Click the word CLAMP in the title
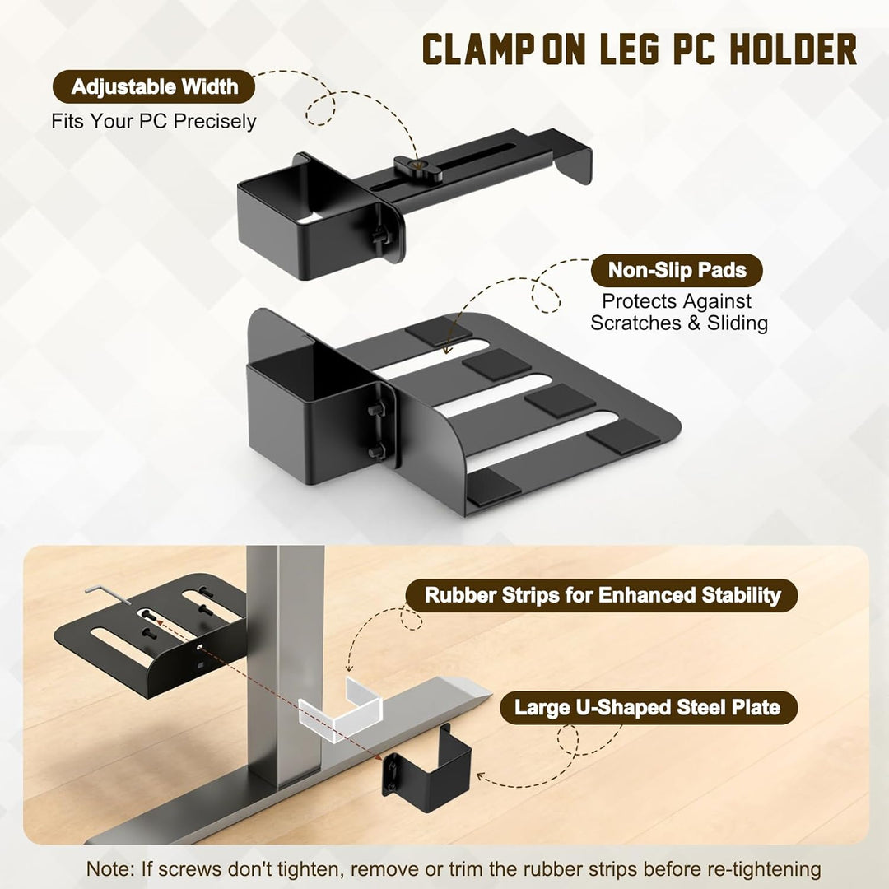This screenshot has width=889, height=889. coord(478,49)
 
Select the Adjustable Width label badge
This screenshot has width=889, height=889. coord(154,86)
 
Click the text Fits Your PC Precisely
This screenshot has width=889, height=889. coord(154,121)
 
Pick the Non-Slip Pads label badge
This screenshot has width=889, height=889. coord(677,271)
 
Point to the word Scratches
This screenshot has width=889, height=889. coord(635,323)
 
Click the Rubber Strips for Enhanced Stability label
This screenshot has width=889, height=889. coord(602,595)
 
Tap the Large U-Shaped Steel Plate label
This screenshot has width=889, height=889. coord(648,708)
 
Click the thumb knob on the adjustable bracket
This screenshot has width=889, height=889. coord(418,169)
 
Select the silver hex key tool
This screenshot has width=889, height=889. coord(108,597)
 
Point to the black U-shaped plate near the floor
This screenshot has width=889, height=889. coord(427,761)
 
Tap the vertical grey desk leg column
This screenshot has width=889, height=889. coord(285,663)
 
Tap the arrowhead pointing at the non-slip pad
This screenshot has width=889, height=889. coord(447,349)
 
